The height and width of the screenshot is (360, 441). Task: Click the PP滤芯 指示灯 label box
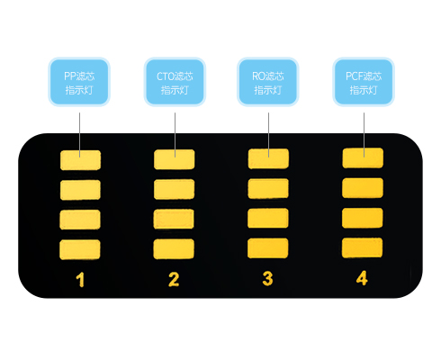pos(79,82)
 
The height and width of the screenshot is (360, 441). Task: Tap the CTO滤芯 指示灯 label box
pos(175,82)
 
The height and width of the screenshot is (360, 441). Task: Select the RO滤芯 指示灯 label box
pos(268,82)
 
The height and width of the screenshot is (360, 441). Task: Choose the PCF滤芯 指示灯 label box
pos(364,82)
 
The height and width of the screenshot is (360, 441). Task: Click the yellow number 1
pos(80,280)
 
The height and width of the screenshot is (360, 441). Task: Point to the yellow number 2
pos(174,279)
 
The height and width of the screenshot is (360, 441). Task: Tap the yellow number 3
pos(267,278)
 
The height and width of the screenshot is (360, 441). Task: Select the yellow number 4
pos(362,278)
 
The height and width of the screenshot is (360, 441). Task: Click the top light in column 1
pos(80,160)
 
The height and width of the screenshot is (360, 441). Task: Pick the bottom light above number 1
pos(80,249)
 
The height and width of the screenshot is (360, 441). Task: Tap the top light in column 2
pos(175,159)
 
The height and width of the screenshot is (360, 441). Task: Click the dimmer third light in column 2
pos(174,219)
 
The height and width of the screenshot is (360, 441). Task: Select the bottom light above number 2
pos(174,248)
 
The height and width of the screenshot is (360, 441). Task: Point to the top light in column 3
pos(268,158)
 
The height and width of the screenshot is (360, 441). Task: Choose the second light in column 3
pos(268,188)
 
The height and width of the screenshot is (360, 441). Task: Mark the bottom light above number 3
pos(268,248)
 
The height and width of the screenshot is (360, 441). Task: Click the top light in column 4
pos(363,157)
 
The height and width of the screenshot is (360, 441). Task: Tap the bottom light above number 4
pos(363,247)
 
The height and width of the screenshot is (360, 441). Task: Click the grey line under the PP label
pos(79,135)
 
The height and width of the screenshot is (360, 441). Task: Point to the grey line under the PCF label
pos(364,135)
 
